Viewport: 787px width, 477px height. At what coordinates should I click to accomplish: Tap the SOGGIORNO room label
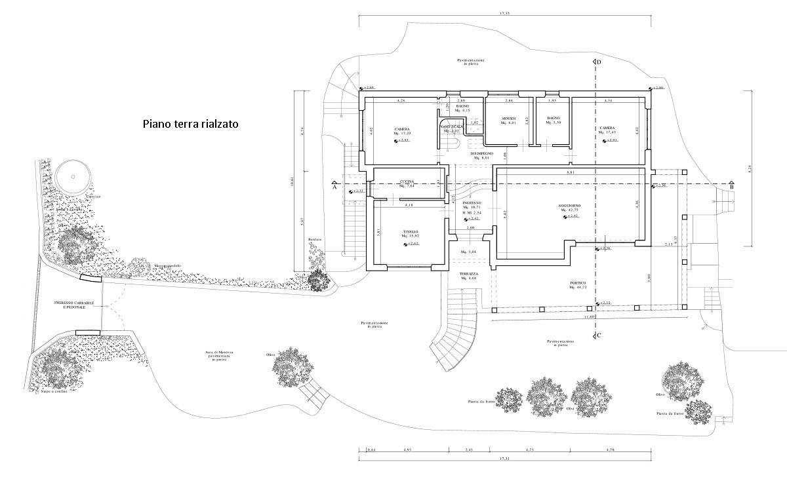click(567, 206)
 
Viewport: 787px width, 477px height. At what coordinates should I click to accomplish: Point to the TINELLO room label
click(411, 232)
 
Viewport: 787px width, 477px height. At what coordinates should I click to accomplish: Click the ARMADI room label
click(509, 119)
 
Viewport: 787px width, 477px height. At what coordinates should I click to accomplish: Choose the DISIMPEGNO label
click(481, 153)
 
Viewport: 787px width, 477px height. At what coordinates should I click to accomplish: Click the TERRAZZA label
click(468, 273)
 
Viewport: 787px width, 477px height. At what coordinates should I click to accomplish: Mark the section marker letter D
click(598, 63)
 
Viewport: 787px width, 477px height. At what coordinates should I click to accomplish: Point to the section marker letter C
click(598, 335)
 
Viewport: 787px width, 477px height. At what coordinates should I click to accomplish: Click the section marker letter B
click(731, 187)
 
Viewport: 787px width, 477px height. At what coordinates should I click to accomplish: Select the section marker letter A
click(334, 187)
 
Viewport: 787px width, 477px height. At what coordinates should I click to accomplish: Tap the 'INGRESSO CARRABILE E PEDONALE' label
click(75, 304)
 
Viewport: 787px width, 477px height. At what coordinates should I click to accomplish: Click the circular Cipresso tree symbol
click(72, 174)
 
